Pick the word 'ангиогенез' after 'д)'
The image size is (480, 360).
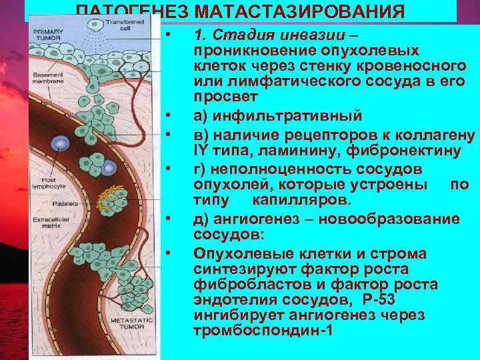[x=259, y=219]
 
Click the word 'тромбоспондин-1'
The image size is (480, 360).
[x=262, y=330]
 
